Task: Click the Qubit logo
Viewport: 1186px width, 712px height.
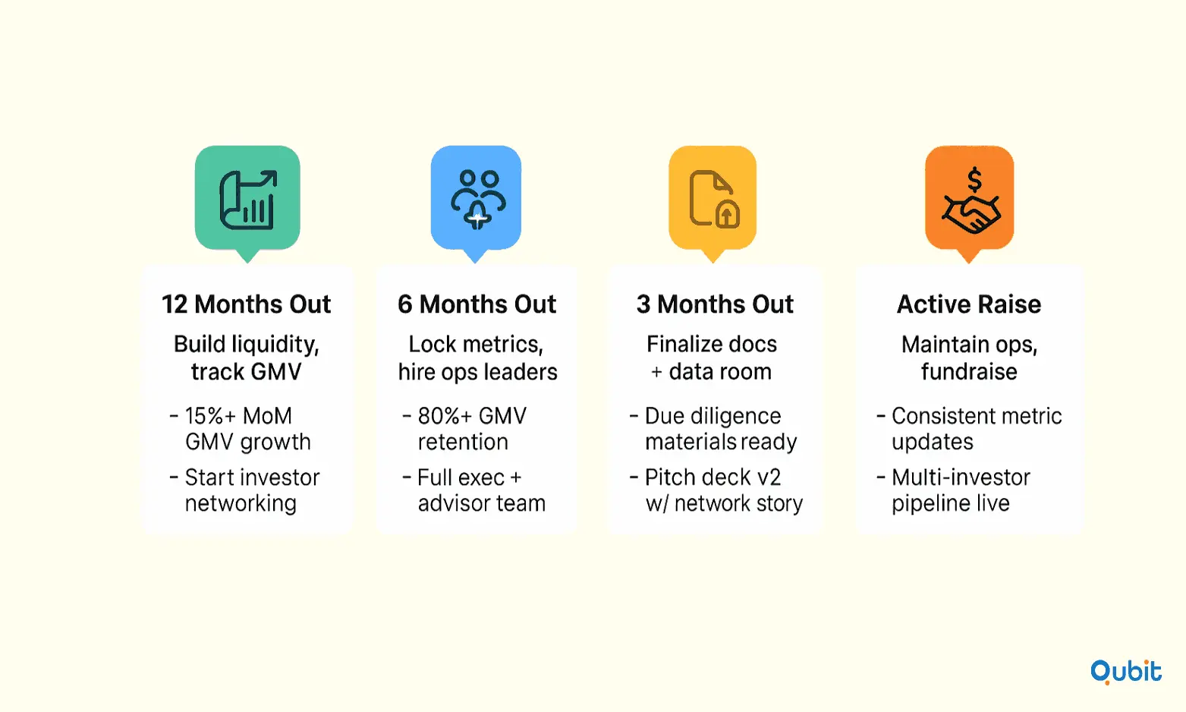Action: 1126,672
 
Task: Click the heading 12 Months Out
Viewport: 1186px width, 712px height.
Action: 246,304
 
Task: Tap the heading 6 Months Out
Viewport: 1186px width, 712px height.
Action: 477,304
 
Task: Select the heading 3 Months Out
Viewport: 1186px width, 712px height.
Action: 715,304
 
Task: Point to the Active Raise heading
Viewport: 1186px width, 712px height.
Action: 969,304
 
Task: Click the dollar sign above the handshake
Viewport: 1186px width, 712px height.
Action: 974,180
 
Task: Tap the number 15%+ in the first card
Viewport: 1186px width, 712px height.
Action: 209,416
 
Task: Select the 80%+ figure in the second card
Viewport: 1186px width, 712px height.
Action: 444,416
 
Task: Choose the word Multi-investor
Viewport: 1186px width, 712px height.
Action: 961,477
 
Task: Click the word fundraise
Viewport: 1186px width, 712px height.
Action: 969,371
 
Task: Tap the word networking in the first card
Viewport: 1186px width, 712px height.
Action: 241,504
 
